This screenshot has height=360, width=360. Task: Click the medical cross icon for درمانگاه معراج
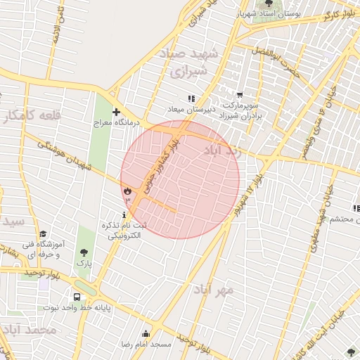(116, 112)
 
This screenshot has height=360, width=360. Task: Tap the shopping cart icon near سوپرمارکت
(240, 95)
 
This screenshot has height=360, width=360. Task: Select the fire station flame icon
(127, 191)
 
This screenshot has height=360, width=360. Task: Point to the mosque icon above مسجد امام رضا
(146, 333)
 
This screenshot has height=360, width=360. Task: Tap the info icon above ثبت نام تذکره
(124, 214)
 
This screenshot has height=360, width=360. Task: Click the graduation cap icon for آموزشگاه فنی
(43, 234)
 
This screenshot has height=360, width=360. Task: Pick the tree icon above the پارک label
(84, 252)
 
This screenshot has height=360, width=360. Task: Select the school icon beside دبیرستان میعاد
(191, 98)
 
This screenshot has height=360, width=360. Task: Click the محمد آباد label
(28, 330)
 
